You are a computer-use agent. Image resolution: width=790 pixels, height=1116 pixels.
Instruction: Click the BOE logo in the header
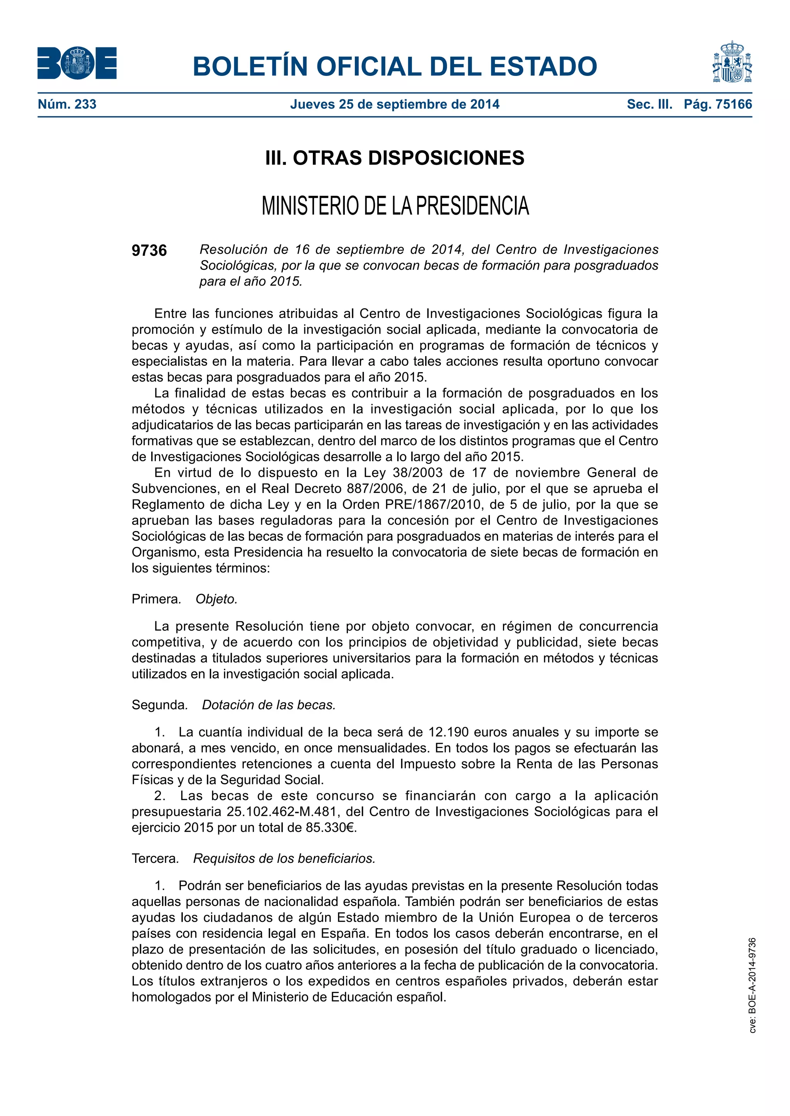tap(77, 63)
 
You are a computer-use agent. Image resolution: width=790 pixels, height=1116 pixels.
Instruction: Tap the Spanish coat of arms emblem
tap(732, 62)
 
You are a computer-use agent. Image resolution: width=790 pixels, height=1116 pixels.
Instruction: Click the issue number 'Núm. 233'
tap(67, 104)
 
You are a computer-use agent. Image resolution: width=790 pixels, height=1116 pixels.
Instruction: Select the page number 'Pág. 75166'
tap(717, 104)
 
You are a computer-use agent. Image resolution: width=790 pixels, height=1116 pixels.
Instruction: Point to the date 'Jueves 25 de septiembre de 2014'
tap(395, 104)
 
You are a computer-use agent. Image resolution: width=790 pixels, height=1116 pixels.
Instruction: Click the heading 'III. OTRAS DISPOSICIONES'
tap(395, 158)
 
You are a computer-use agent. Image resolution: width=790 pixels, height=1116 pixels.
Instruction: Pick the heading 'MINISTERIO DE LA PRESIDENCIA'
tap(395, 206)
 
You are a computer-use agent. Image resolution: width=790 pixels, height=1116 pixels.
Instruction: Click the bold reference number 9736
tap(149, 250)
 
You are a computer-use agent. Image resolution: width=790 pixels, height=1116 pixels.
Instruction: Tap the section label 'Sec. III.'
tap(650, 104)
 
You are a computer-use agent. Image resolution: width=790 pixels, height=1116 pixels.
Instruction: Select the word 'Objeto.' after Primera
tap(216, 599)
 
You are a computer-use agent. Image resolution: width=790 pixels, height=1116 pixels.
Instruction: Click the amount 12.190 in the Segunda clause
tap(449, 732)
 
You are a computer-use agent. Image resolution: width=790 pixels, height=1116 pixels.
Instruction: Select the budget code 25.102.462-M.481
tap(282, 812)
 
